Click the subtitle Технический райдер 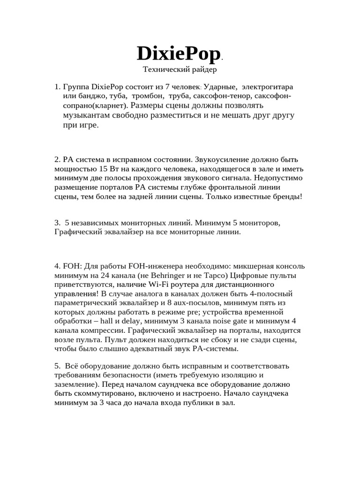click(x=180, y=70)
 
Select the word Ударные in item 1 click(x=219, y=87)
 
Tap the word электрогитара click(x=267, y=87)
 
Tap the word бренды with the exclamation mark click(x=288, y=197)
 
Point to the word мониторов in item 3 click(x=263, y=222)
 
